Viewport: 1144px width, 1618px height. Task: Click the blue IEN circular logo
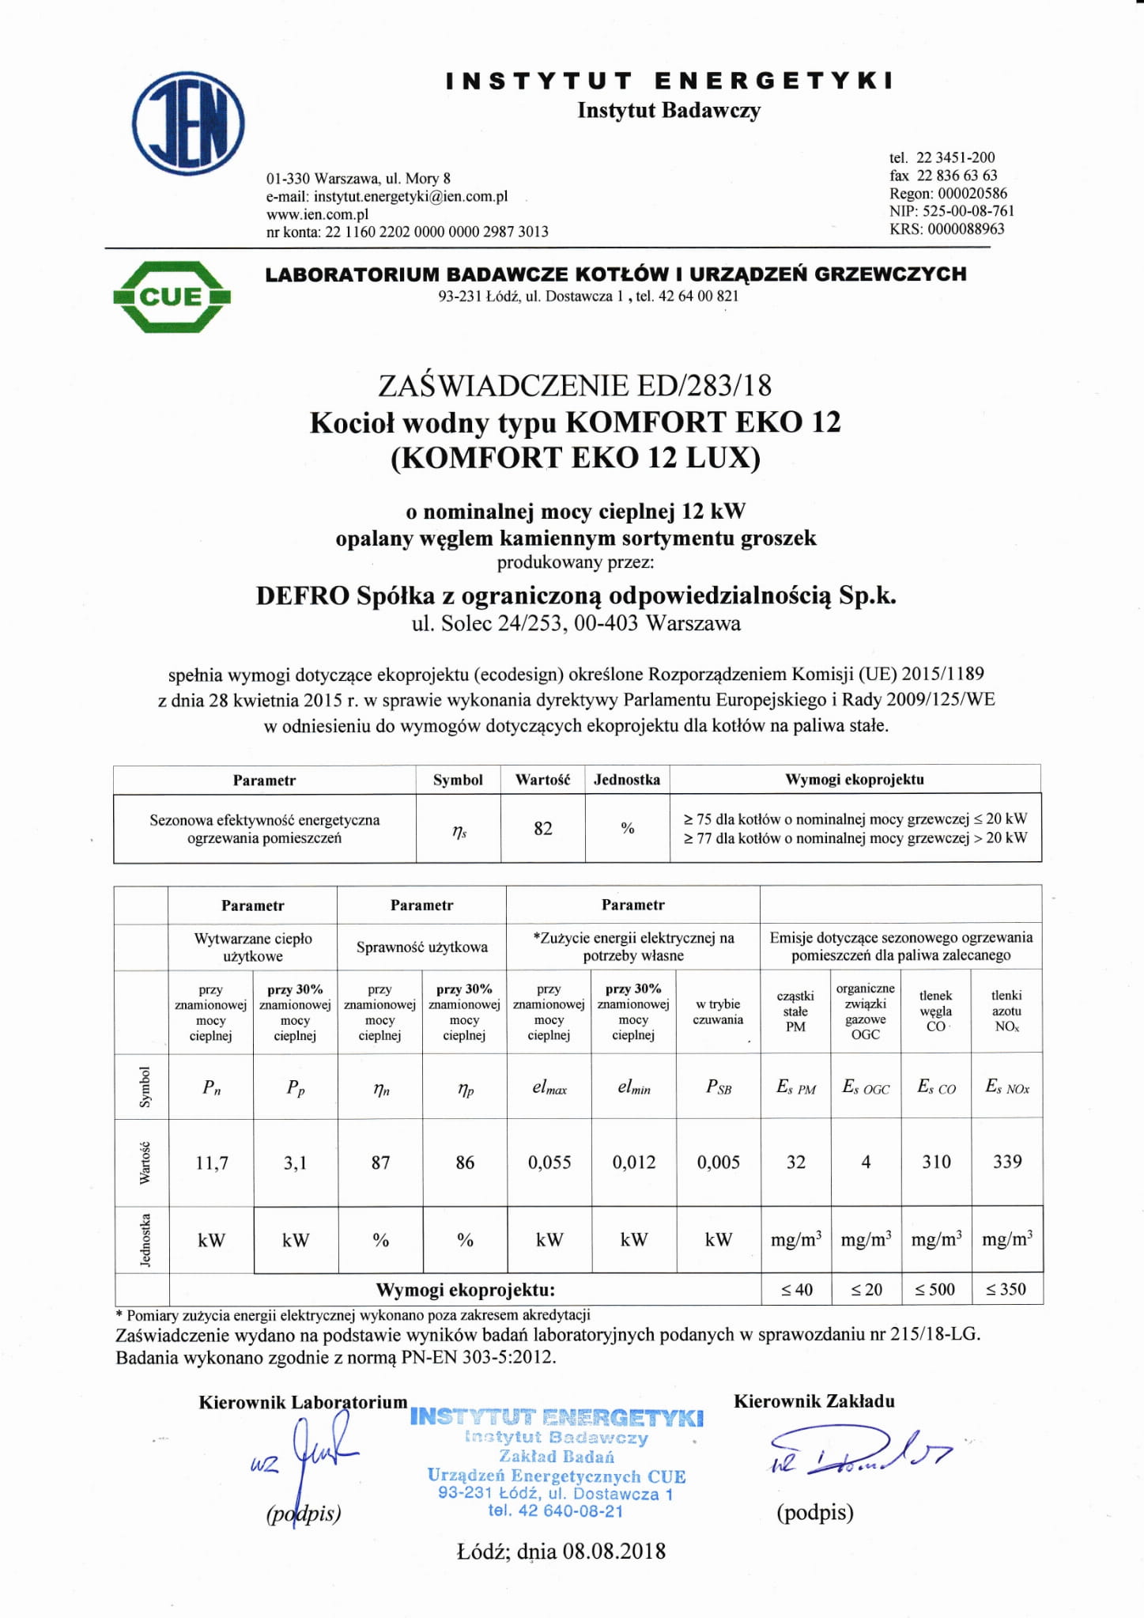coord(188,124)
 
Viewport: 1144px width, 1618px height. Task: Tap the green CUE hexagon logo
coord(172,297)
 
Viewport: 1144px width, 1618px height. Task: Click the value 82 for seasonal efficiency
coord(542,828)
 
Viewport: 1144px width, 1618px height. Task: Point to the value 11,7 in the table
coord(212,1162)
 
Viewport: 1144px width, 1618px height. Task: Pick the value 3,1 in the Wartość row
coord(295,1162)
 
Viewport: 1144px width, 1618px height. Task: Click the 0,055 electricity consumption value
coord(549,1162)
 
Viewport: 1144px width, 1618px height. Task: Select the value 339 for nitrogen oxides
coord(1007,1162)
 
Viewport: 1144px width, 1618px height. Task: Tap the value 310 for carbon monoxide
coord(936,1162)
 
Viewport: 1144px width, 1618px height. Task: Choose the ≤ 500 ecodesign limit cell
coord(935,1289)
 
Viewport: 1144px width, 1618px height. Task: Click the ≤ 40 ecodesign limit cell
coord(796,1289)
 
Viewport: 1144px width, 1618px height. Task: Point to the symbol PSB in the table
coord(718,1087)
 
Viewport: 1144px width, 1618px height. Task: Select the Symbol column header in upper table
coord(458,780)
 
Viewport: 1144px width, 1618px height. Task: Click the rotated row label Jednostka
coord(145,1239)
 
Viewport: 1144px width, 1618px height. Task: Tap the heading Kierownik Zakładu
coord(814,1401)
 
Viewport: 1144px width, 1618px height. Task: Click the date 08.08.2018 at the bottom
coord(614,1551)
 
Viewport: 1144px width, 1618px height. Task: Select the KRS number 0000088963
coord(965,229)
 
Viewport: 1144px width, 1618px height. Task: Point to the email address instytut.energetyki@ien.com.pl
coord(410,196)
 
